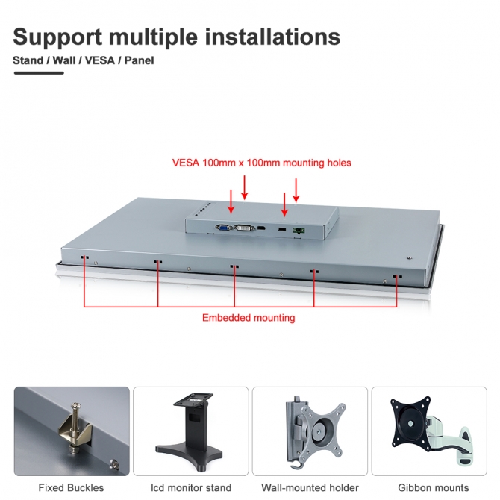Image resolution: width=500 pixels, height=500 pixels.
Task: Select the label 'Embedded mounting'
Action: click(249, 318)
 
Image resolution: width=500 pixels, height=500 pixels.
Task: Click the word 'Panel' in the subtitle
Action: click(140, 60)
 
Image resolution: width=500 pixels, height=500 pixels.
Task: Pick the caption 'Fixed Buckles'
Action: click(72, 488)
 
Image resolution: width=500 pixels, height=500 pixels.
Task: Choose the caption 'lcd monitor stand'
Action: click(190, 488)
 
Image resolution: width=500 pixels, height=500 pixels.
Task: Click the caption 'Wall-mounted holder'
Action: click(310, 488)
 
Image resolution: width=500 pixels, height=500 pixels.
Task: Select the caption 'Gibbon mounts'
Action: click(428, 488)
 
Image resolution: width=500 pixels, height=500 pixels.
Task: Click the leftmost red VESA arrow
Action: click(231, 201)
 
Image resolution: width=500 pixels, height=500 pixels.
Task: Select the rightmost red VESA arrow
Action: click(296, 190)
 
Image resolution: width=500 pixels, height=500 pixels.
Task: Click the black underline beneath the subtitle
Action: click(38, 73)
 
